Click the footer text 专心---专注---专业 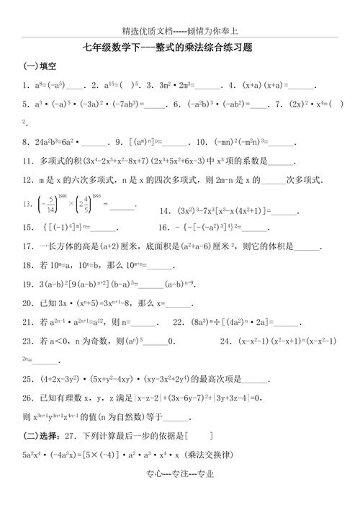180,494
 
